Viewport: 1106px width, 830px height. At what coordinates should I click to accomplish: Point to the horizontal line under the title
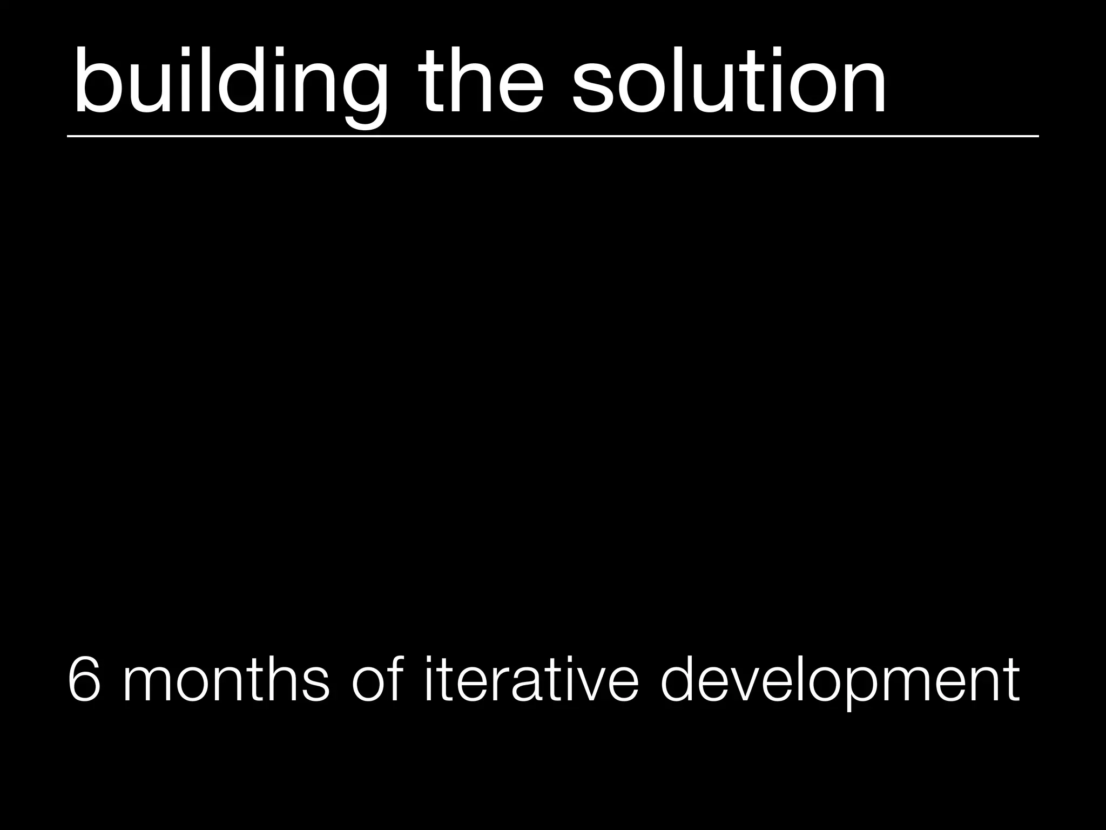[x=553, y=136]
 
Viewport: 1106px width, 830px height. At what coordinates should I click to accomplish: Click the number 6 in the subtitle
[x=85, y=679]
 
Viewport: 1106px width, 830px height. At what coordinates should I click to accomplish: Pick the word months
[x=226, y=679]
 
